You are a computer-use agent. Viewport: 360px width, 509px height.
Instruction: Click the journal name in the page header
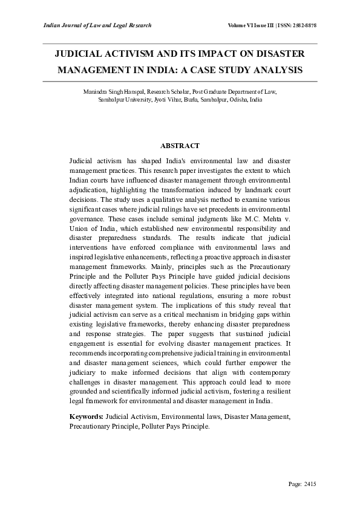[x=97, y=25]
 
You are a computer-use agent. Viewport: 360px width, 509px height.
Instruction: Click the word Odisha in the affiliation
[x=238, y=99]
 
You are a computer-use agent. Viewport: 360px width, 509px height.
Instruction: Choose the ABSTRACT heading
[x=180, y=146]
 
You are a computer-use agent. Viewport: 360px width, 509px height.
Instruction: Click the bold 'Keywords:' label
[x=87, y=417]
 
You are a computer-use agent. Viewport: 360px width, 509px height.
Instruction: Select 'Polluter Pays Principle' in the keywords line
[x=175, y=426]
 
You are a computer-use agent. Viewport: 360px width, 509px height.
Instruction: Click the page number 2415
[x=309, y=484]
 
